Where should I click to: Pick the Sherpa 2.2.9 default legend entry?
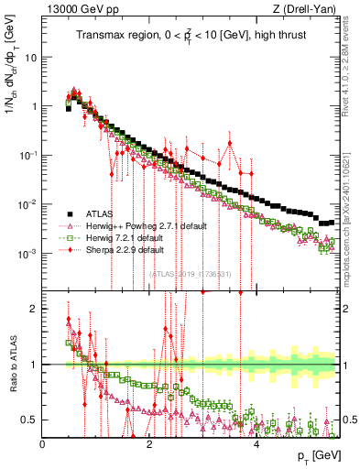tap(134, 249)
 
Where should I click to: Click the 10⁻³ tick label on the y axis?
tap(28, 253)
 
